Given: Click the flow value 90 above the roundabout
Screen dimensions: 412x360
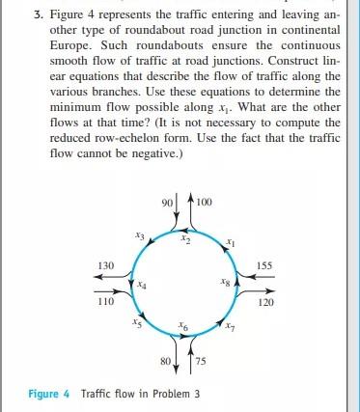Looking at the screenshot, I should coord(167,203).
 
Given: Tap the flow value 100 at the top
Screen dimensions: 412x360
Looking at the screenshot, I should coord(204,203).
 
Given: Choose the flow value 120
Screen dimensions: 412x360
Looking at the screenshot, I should coord(268,301).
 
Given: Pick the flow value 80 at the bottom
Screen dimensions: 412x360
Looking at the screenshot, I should coord(165,361).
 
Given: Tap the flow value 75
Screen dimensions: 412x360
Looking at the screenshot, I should coord(203,361).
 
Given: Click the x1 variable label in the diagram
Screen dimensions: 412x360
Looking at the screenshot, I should coord(229,241).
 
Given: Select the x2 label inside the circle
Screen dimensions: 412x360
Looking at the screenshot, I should coord(189,241).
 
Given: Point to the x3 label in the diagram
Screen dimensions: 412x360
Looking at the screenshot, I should coord(140,234).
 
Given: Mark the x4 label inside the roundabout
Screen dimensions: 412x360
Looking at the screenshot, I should coord(141,284).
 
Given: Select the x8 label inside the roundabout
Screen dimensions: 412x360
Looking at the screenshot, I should coord(225,284).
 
